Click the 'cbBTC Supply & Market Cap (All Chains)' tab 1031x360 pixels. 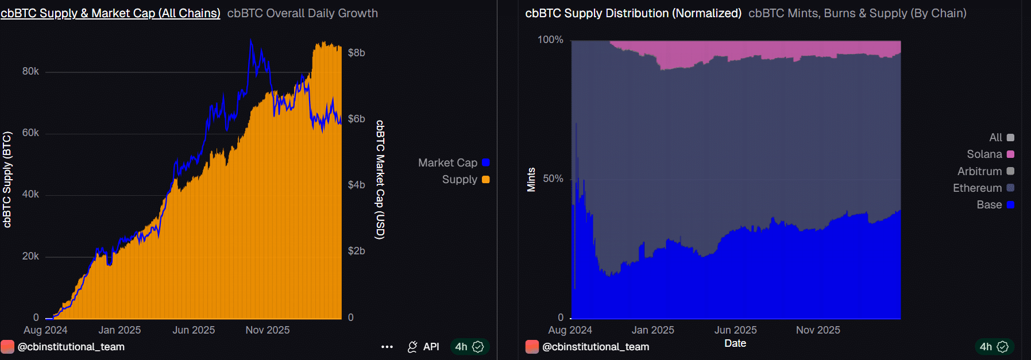pos(110,13)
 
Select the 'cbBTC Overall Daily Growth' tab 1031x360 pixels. pos(302,13)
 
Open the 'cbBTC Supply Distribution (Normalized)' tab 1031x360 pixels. pos(633,13)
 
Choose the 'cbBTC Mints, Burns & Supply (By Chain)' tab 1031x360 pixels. pos(857,13)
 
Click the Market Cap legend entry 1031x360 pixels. pos(448,163)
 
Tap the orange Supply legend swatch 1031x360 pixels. pos(486,180)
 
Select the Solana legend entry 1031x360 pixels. pos(984,154)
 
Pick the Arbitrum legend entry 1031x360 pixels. pos(979,172)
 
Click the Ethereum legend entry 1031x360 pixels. pos(977,188)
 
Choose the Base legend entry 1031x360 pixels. pos(989,205)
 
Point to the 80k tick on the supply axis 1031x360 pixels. pos(30,71)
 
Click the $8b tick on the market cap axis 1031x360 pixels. pos(356,53)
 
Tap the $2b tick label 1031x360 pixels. pos(356,251)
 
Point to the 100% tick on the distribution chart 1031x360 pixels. pos(550,40)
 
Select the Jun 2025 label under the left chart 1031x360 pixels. pos(194,330)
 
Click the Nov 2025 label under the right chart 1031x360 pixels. pos(818,330)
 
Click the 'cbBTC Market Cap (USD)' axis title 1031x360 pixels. pos(380,180)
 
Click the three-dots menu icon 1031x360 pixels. pos(387,347)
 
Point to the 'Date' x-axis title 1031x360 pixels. pos(735,343)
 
